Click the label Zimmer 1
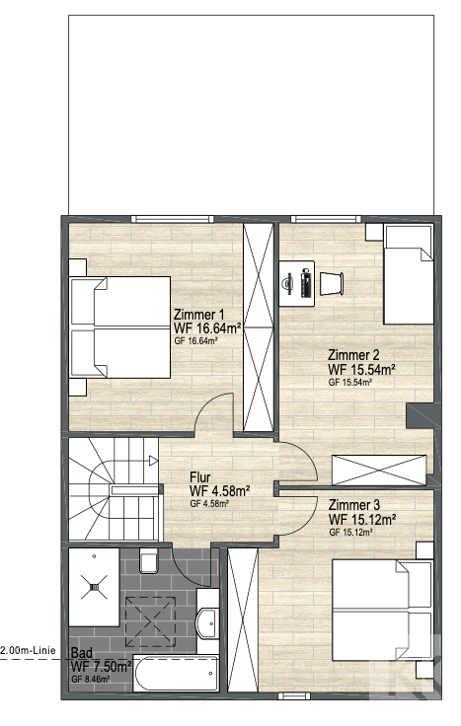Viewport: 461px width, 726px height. coord(195,315)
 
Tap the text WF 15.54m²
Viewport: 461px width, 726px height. coord(361,370)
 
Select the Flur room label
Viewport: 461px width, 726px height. coord(200,477)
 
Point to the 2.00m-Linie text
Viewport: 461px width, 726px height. coord(29,650)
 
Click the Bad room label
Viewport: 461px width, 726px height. coord(82,653)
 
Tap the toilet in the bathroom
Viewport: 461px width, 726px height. coord(149,560)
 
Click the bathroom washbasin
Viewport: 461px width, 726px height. coord(207,621)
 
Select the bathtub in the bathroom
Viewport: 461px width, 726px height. coord(176,673)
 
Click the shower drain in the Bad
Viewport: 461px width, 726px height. coord(94,588)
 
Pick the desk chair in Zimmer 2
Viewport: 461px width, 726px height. coord(332,283)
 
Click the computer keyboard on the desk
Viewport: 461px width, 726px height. coord(305,283)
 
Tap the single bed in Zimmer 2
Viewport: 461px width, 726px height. coord(409,274)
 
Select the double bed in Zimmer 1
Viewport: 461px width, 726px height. coord(119,327)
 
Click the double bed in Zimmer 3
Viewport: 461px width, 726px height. coord(382,611)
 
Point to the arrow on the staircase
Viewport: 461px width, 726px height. coord(154,461)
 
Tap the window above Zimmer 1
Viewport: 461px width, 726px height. coord(172,219)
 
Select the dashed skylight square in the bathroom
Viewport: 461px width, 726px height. coord(151,621)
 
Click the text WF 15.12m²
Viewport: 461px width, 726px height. coord(362,519)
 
